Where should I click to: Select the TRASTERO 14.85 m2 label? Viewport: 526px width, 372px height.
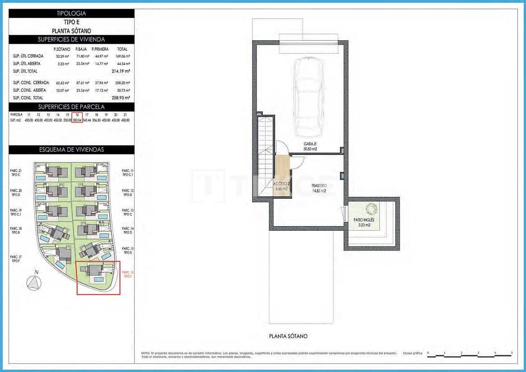319,188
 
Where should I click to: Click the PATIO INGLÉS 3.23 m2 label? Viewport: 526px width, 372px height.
364,222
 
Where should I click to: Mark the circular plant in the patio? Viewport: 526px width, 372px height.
371,209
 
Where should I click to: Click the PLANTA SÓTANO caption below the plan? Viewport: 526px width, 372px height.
288,336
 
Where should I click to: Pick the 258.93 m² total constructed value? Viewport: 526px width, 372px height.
121,98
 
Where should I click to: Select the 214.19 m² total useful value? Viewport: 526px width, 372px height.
121,71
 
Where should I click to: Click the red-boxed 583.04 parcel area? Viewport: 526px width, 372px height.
77,121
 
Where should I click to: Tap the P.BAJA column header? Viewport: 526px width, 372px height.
81,49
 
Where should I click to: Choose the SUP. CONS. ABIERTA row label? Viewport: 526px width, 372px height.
30,90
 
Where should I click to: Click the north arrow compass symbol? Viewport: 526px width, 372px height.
33,282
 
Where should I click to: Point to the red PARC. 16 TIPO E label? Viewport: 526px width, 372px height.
128,274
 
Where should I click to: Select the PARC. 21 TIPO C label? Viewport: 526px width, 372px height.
16,173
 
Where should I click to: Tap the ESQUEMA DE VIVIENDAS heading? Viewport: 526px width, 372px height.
71,150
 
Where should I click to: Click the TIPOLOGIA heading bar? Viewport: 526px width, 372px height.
71,14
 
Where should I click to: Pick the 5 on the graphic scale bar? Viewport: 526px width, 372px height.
512,353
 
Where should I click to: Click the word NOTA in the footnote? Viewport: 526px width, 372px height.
145,353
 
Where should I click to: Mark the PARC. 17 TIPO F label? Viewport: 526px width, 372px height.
16,259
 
